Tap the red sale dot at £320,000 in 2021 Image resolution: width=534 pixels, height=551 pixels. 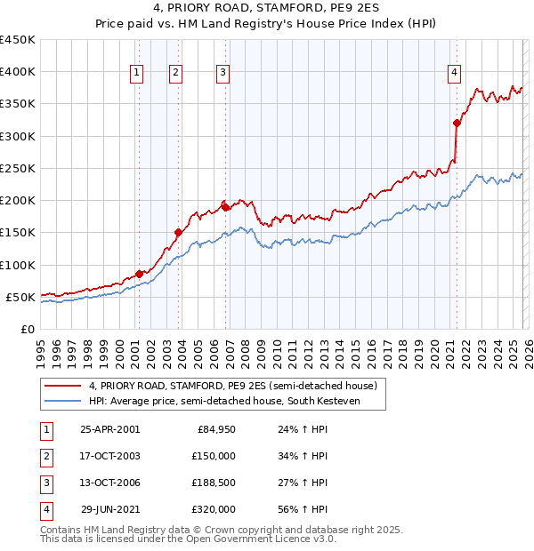[x=457, y=124]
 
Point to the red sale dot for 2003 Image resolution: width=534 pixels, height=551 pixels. [x=178, y=233]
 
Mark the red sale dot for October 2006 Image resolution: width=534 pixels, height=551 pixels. [x=225, y=207]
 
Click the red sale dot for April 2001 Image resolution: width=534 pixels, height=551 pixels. [x=139, y=274]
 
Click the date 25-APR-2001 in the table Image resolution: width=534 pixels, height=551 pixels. [x=109, y=428]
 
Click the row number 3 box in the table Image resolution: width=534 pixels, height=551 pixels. [x=44, y=483]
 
